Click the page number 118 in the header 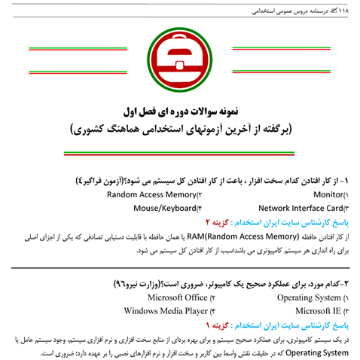tap(349, 9)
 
